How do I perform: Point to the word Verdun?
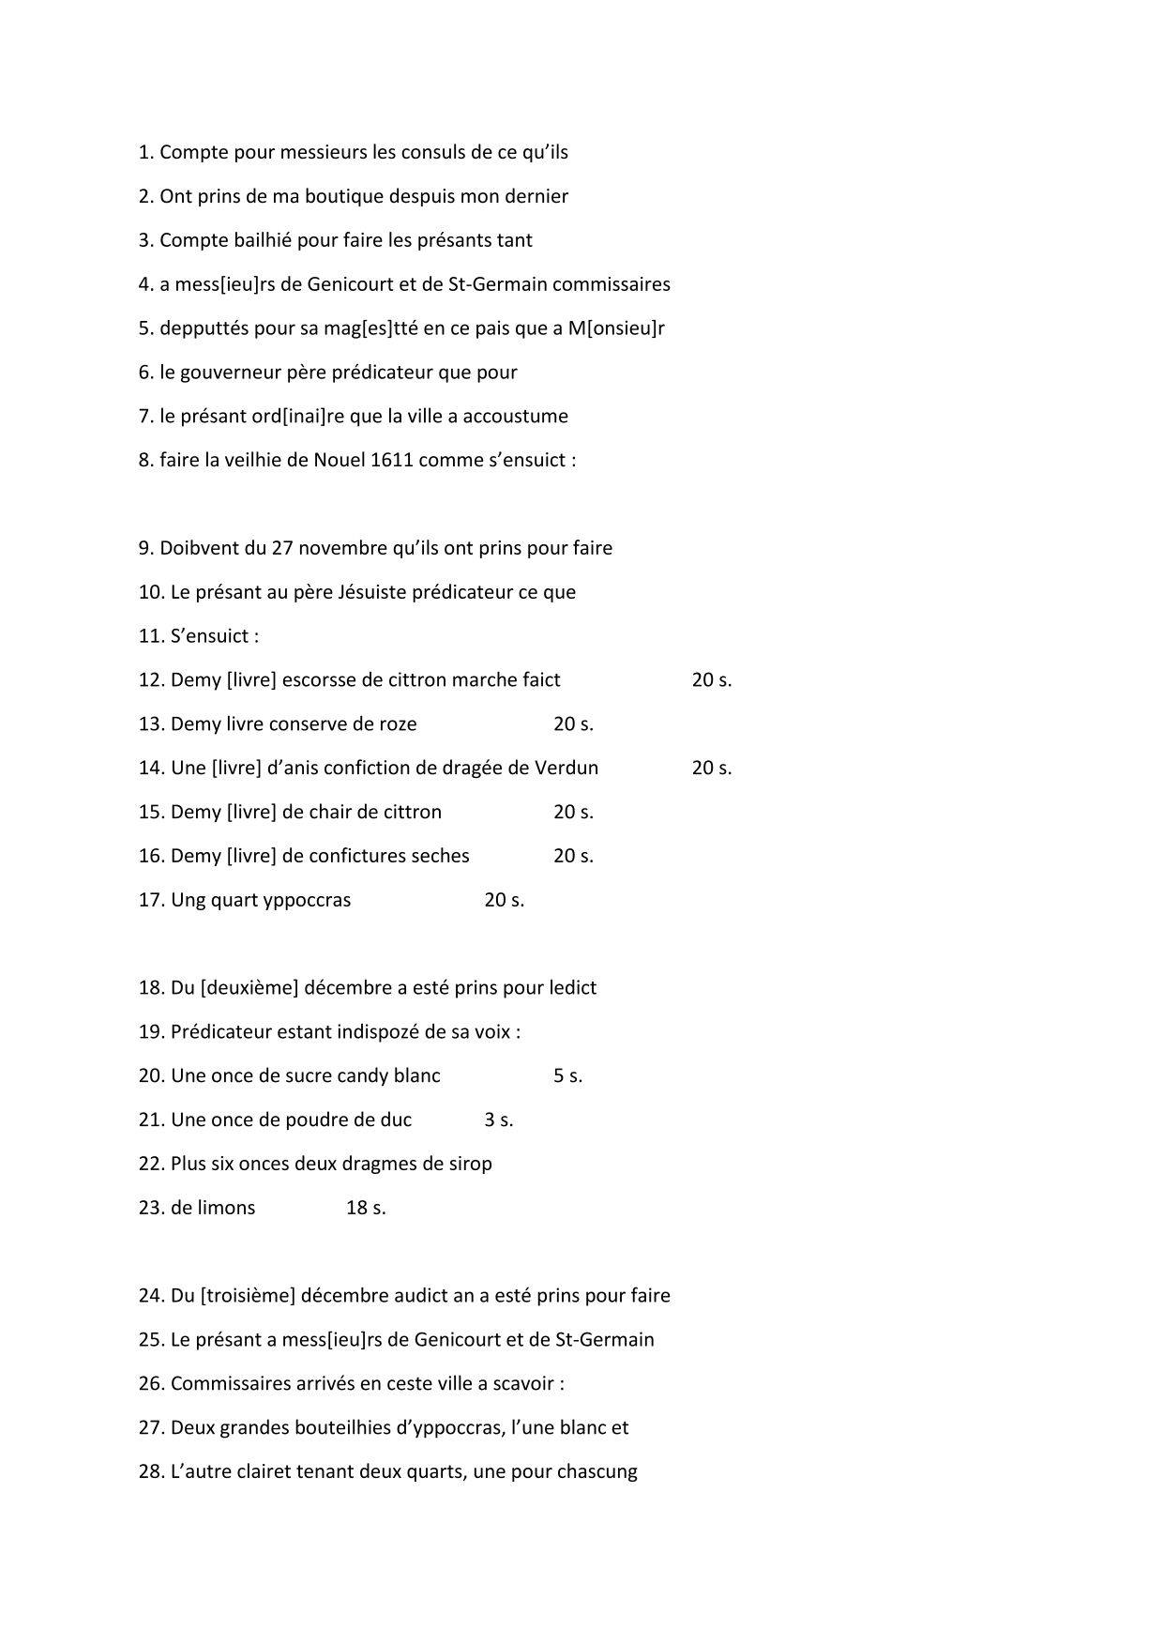[x=566, y=768]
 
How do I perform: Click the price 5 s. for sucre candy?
[x=567, y=1075]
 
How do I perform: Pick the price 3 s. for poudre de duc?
[x=498, y=1120]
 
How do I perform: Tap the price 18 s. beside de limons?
[x=366, y=1208]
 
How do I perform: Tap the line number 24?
[x=150, y=1296]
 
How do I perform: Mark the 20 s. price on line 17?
[x=504, y=900]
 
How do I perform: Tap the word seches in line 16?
[x=440, y=856]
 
